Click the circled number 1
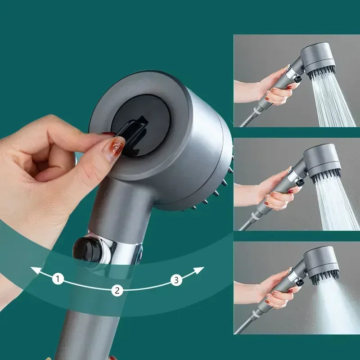[58, 279]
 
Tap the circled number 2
[117, 290]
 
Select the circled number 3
[176, 280]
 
